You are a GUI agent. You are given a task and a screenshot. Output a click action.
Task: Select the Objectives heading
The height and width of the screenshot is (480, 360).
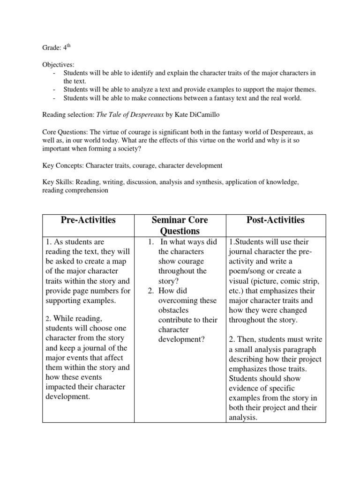59,64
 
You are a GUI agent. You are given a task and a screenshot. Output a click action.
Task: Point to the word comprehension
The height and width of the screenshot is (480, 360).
89,190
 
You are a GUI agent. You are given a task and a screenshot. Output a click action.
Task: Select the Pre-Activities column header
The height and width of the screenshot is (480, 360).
88,220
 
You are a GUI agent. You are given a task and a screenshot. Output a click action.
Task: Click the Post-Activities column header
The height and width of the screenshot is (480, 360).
276,220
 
